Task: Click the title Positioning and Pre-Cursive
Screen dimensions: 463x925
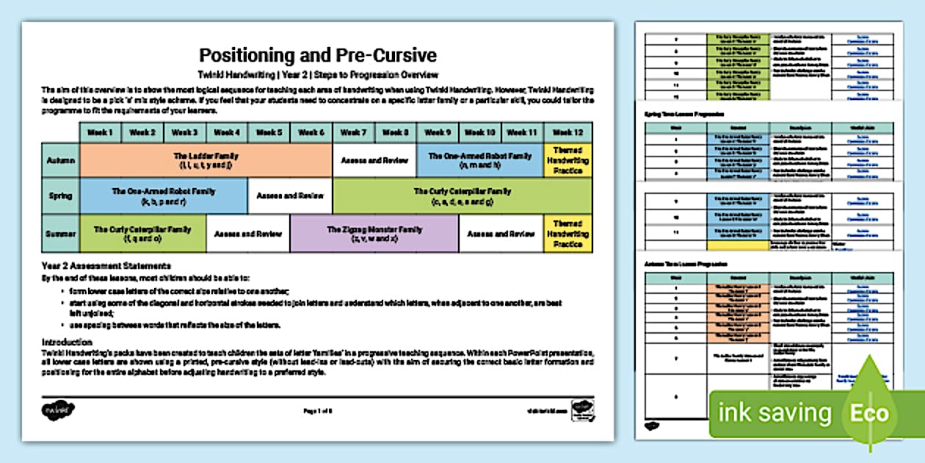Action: point(318,56)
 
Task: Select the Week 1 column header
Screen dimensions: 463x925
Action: point(101,132)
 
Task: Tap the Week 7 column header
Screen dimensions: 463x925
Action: point(354,132)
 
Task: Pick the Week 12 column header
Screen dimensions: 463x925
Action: point(567,132)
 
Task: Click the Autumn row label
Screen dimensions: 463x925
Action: point(60,160)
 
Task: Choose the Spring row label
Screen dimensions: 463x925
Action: point(60,196)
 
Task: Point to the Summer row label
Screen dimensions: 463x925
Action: point(60,234)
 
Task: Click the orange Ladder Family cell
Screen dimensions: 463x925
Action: point(206,160)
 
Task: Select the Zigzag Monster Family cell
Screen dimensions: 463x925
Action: point(374,234)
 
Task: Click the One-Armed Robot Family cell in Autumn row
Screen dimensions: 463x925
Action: point(480,160)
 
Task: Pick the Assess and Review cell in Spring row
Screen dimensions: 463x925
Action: point(290,196)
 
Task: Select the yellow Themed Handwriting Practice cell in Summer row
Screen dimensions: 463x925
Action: point(567,234)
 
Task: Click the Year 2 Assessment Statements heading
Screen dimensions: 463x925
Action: point(106,265)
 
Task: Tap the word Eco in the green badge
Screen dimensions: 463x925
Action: point(869,413)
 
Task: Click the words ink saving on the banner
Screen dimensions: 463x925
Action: point(775,413)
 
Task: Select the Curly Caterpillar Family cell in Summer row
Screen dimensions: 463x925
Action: point(142,234)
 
